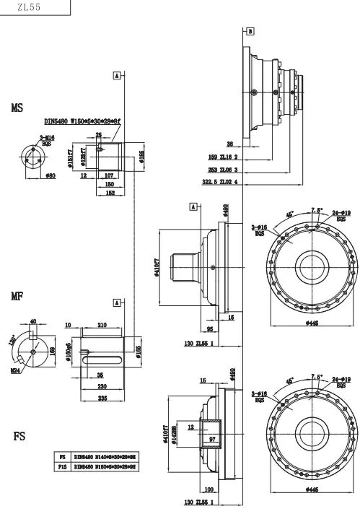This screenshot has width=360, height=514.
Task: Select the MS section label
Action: click(17, 108)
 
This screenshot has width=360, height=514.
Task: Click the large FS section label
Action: click(20, 437)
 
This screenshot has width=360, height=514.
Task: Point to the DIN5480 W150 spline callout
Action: click(82, 123)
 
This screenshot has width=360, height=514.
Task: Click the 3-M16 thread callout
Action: click(47, 137)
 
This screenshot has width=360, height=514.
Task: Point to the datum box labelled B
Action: click(250, 31)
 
